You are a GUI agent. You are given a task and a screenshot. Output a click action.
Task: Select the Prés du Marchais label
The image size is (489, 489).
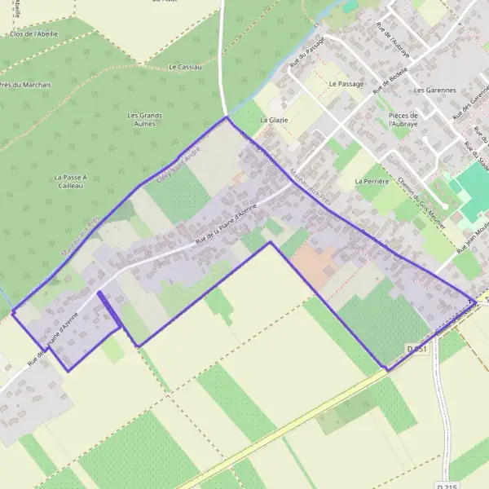pos(24,84)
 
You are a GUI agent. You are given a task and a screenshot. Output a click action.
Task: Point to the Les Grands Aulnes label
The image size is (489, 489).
pos(145,120)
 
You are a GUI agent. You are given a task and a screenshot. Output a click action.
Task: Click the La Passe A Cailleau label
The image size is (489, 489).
pos(69,181)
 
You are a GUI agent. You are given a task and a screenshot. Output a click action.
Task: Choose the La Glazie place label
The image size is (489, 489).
pos(274,120)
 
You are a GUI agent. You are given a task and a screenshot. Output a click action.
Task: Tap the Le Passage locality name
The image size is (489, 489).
pos(346,84)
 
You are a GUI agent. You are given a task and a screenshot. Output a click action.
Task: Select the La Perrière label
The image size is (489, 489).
pos(369,181)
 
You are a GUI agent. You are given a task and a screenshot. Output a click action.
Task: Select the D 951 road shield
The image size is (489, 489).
pos(416,349)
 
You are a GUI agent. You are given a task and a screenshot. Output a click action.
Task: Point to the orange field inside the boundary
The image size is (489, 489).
pos(314,260)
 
